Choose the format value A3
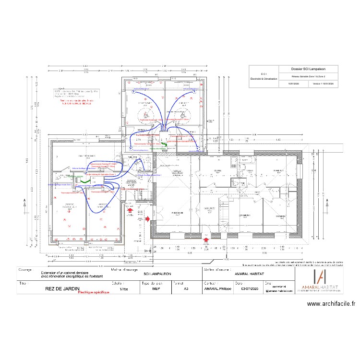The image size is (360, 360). pyautogui.click(x=186, y=289)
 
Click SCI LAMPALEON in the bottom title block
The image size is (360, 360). pyautogui.click(x=157, y=274)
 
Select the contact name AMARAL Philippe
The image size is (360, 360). pyautogui.click(x=218, y=289)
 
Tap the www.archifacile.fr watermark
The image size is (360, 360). pyautogui.click(x=331, y=303)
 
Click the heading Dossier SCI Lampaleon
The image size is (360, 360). pyautogui.click(x=308, y=69)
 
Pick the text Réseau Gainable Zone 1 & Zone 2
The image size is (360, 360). pyautogui.click(x=308, y=77)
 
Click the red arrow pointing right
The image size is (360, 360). pyautogui.click(x=148, y=219)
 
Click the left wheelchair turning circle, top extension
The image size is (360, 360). pyautogui.click(x=145, y=115)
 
